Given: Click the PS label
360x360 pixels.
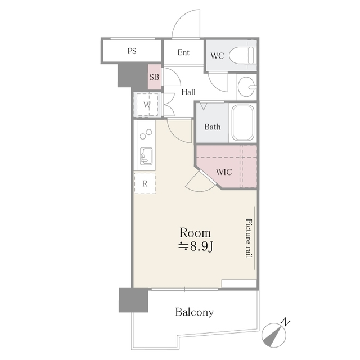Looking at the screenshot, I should click(132, 51).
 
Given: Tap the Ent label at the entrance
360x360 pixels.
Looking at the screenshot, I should click(183, 53).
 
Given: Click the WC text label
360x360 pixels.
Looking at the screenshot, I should click(217, 56).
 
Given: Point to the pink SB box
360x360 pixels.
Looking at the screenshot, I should click(154, 76).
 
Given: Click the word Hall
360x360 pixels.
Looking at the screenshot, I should click(188, 92).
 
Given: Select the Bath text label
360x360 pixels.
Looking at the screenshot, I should click(212, 127).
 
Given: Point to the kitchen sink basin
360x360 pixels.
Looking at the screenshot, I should click(146, 155).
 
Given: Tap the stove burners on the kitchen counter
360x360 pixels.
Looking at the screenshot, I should click(146, 135).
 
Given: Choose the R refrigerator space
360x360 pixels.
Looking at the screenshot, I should click(145, 183).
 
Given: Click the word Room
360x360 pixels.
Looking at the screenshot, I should click(195, 232).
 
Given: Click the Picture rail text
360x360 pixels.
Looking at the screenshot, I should click(248, 238).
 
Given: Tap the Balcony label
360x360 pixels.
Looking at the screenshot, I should click(194, 312).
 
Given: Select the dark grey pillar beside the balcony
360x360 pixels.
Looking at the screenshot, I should click(133, 300).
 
